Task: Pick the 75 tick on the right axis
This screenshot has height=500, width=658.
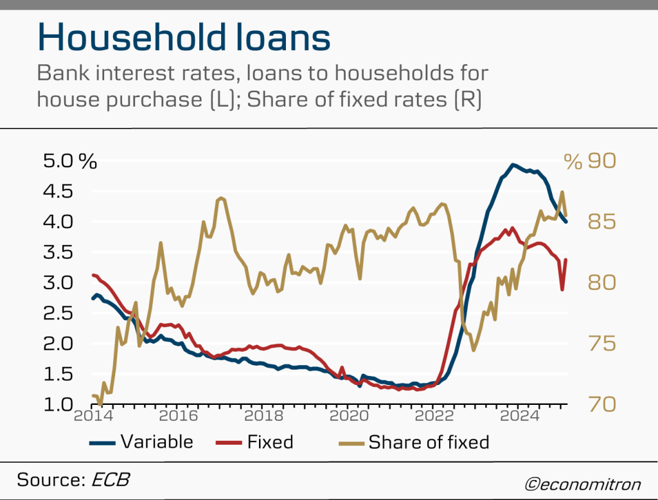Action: tap(601, 343)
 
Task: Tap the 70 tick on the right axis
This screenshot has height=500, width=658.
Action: tap(601, 405)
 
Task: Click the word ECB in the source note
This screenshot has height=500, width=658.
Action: tap(114, 480)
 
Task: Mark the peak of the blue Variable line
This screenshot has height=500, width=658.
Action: tap(513, 165)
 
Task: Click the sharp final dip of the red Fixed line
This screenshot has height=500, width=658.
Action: tap(562, 289)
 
